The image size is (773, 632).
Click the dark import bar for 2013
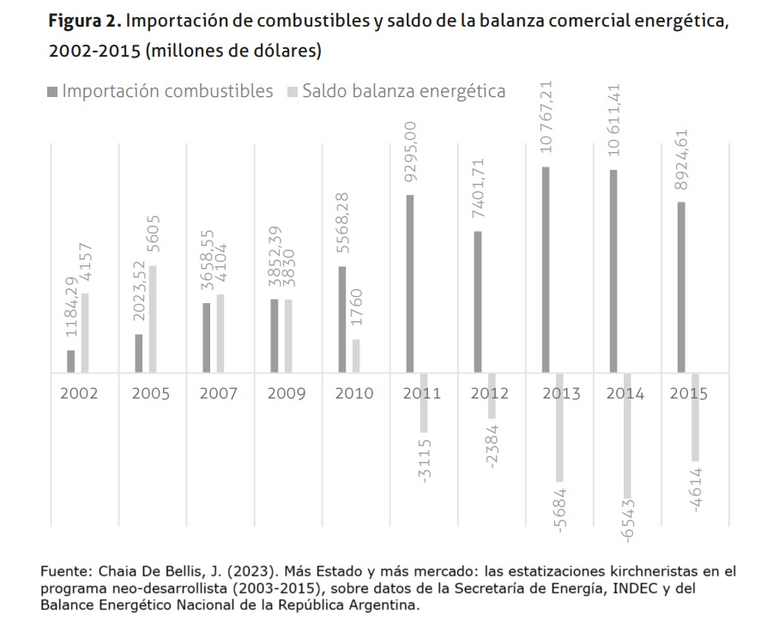(x=546, y=270)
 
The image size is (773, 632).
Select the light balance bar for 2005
(x=153, y=319)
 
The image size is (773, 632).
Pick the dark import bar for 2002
(x=70, y=362)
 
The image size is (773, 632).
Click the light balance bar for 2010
(x=356, y=355)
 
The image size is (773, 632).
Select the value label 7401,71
(x=479, y=194)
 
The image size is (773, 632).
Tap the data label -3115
(x=426, y=459)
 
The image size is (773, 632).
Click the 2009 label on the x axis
(x=286, y=394)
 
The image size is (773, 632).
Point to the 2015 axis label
(x=688, y=394)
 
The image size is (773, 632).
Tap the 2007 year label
(x=218, y=394)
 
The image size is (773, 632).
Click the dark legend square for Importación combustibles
(x=54, y=91)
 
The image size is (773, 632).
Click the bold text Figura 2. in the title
(x=88, y=21)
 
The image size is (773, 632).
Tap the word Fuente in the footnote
(x=63, y=570)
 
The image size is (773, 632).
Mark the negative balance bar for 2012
(x=492, y=396)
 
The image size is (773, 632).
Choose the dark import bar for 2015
(x=681, y=288)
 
